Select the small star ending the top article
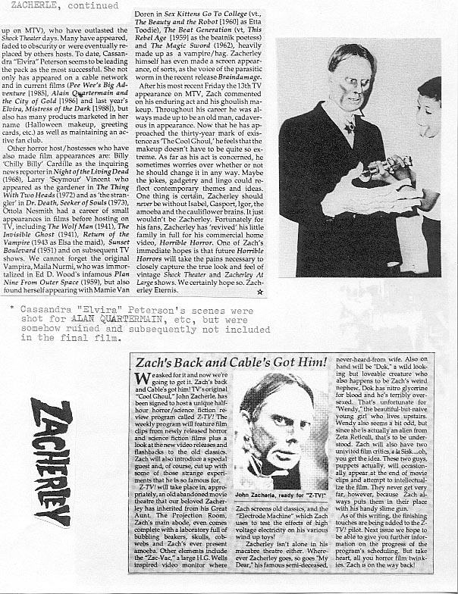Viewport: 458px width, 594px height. [x=260, y=291]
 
